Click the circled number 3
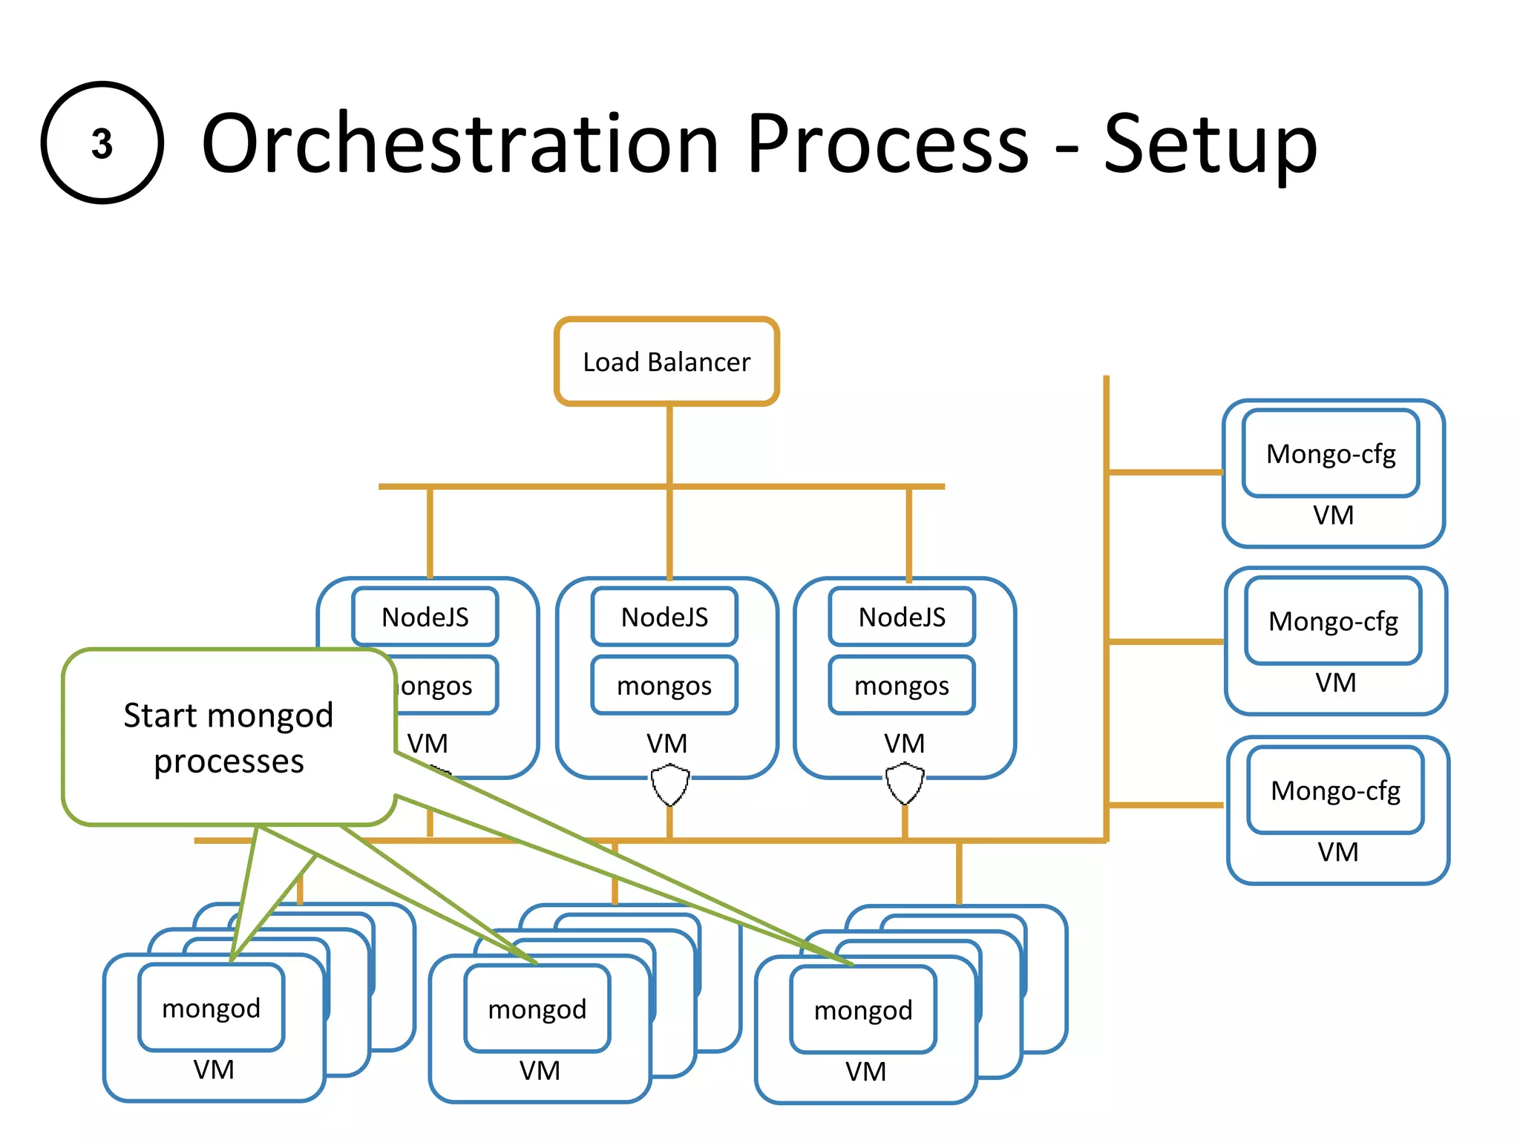coord(102,143)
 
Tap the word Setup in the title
coord(1210,145)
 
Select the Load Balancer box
coord(666,362)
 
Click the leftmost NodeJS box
coord(425,617)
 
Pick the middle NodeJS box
coord(664,617)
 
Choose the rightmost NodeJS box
coord(902,617)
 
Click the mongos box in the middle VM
coord(664,685)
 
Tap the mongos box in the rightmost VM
coord(902,685)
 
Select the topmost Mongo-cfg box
coord(1331,453)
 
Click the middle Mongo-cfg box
coord(1333,621)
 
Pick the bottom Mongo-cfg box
coord(1335,790)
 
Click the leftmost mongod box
coord(212,1008)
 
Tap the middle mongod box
coord(537,1009)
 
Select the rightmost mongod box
coord(863,1009)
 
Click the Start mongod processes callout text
coord(229,738)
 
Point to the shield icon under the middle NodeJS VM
coord(669,785)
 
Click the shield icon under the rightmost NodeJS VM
coord(905,784)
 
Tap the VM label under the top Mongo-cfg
coord(1333,515)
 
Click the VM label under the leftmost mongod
coord(214,1069)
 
